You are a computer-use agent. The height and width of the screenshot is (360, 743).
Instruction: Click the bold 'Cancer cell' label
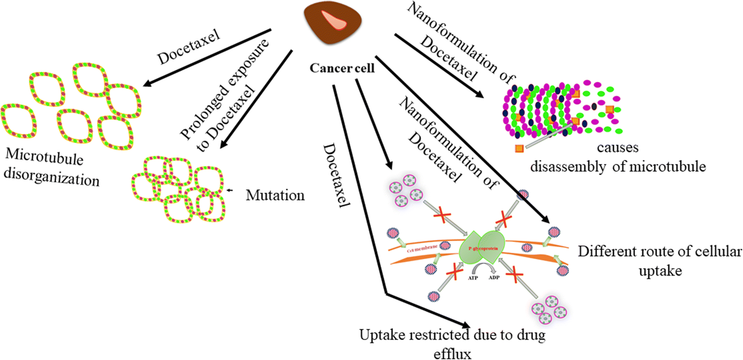(x=342, y=68)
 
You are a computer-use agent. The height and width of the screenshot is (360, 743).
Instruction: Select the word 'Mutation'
(x=275, y=196)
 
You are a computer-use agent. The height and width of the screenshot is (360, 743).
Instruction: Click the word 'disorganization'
(x=51, y=177)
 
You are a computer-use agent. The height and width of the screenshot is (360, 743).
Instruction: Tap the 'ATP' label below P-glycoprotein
(x=473, y=278)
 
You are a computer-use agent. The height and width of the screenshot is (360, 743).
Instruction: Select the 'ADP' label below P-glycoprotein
(x=494, y=277)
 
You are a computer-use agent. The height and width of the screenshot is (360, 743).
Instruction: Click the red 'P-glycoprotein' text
(x=483, y=249)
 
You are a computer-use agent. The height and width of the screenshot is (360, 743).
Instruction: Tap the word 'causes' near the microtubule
(x=618, y=148)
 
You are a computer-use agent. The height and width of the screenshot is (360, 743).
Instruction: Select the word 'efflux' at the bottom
(x=452, y=353)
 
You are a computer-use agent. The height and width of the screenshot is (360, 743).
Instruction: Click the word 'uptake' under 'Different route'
(x=660, y=271)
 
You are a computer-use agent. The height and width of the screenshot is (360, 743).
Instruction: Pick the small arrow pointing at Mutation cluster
(x=229, y=190)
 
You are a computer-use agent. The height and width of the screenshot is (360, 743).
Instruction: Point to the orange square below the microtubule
(x=519, y=149)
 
